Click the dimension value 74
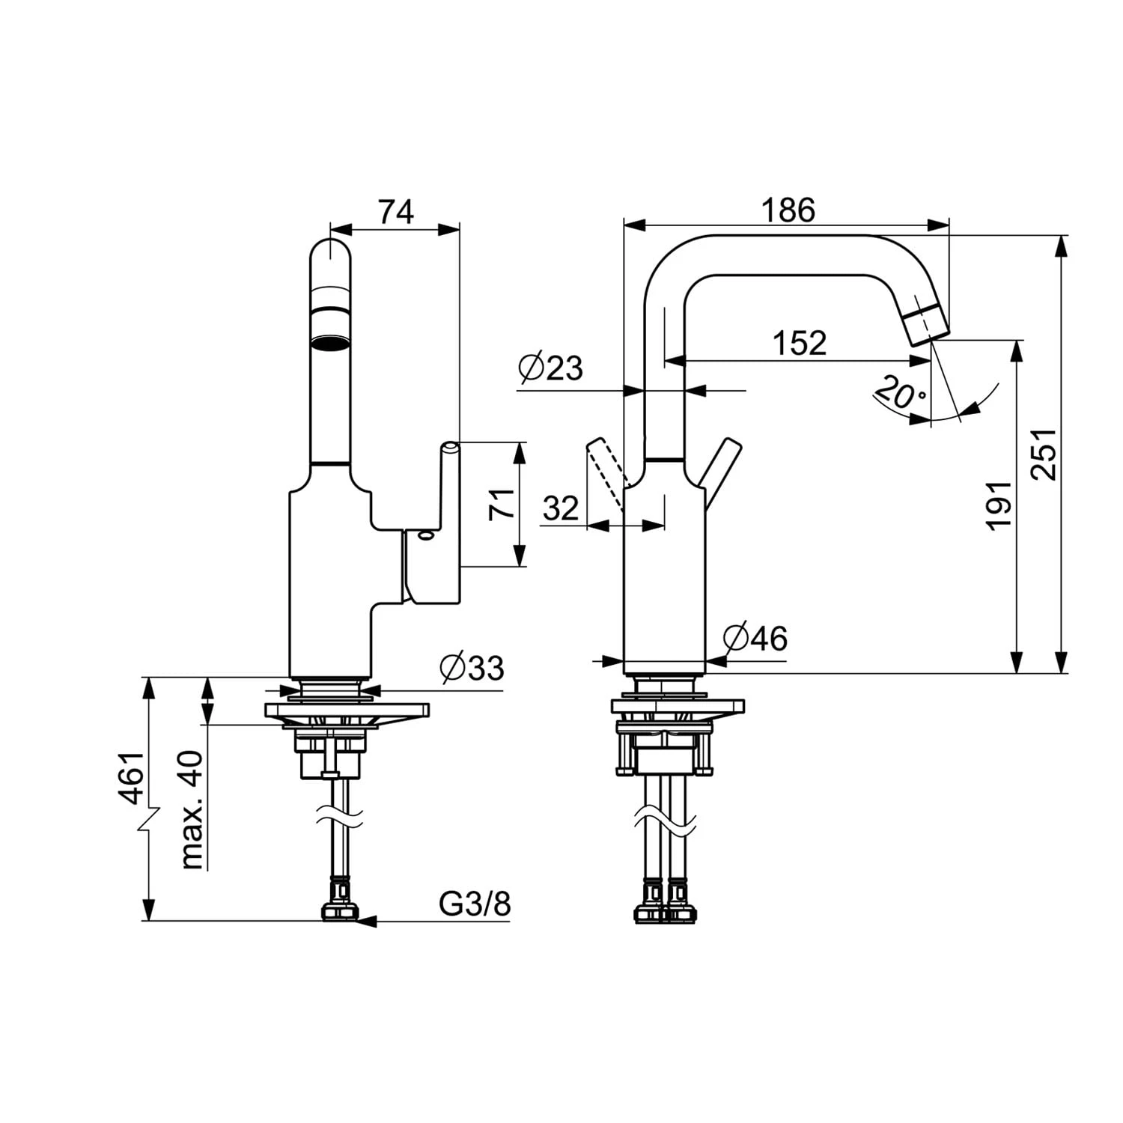395,213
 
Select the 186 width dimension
788,211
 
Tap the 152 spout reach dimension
800,344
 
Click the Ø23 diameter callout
550,368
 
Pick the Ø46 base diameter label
755,639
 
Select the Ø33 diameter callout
472,668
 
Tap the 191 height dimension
999,506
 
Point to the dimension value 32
561,509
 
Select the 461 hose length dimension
132,778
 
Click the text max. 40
192,809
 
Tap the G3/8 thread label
475,904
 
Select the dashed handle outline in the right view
606,472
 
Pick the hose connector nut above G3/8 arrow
340,912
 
